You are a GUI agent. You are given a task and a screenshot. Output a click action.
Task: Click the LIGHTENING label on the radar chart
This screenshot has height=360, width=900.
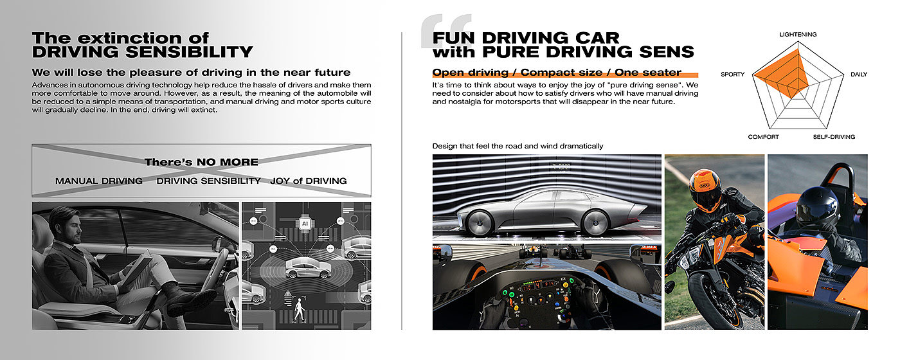[x=797, y=35]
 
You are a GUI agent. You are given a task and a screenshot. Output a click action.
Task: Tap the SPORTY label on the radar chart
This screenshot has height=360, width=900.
[x=732, y=75]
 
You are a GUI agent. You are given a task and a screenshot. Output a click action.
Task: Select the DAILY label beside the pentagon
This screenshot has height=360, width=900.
[x=859, y=75]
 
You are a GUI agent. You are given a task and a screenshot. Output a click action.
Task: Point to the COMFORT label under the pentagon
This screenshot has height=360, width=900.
[x=763, y=137]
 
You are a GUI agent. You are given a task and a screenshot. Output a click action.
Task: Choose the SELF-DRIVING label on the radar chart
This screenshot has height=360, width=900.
[x=834, y=137]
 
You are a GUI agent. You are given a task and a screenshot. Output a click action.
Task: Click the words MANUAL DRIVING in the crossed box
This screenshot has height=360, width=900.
[x=99, y=181]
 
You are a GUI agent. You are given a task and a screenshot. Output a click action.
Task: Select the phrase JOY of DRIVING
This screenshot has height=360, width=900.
[x=308, y=181]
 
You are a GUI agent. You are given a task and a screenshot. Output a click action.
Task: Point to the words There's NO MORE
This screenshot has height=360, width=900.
[x=201, y=162]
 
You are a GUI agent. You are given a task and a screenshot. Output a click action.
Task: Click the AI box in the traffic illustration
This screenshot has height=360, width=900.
[x=305, y=224]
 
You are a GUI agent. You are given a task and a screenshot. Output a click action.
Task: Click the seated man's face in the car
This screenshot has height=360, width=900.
[x=73, y=226]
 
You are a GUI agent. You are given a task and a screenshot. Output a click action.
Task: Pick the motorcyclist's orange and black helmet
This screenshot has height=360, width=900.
[x=706, y=190]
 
